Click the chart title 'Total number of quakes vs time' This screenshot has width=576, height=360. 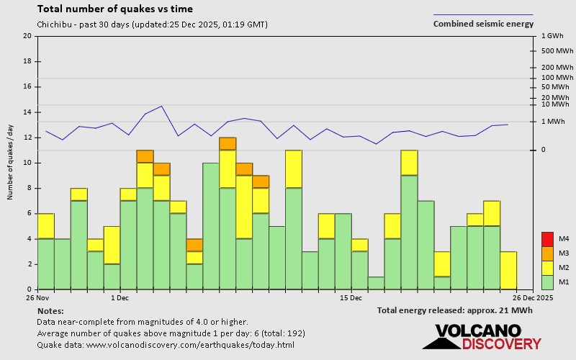114,9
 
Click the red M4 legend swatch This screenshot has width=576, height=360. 546,238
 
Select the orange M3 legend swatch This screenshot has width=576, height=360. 546,253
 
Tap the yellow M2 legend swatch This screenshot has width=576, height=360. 546,268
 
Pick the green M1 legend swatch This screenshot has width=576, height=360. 546,282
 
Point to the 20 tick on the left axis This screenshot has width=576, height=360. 27,36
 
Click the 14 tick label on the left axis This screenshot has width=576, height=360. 27,112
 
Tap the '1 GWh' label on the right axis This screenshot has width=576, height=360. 551,35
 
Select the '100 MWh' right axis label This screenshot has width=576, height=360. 557,78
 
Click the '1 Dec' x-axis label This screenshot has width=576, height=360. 120,297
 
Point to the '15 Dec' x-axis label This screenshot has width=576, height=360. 350,297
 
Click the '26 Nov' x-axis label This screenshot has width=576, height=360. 37,297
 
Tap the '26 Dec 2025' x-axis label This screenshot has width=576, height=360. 532,297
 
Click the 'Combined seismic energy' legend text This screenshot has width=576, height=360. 483,24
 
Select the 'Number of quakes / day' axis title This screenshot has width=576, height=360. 11,162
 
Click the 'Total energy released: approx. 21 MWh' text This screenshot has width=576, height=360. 454,310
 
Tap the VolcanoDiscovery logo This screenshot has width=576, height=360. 487,337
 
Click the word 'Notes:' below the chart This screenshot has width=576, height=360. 50,310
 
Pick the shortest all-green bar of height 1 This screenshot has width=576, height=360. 376,283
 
